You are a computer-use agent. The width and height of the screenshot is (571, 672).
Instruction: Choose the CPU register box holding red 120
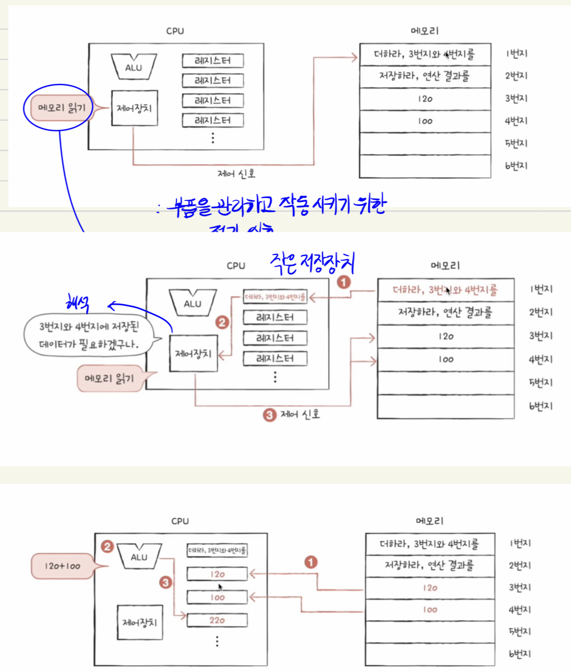pyautogui.click(x=217, y=573)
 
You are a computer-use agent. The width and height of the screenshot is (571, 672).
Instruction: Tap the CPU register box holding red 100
pyautogui.click(x=217, y=597)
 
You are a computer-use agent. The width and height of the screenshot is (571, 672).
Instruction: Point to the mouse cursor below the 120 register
pyautogui.click(x=220, y=586)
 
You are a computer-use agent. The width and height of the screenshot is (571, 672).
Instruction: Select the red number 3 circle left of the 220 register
pyautogui.click(x=165, y=583)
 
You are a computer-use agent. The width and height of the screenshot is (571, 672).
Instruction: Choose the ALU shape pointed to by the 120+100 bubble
pyautogui.click(x=138, y=553)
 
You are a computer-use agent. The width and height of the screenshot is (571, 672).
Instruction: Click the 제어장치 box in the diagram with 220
pyautogui.click(x=139, y=622)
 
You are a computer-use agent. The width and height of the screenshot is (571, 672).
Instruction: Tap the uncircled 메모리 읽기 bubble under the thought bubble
pyautogui.click(x=115, y=378)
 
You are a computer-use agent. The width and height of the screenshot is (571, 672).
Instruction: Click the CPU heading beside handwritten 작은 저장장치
pyautogui.click(x=236, y=266)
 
